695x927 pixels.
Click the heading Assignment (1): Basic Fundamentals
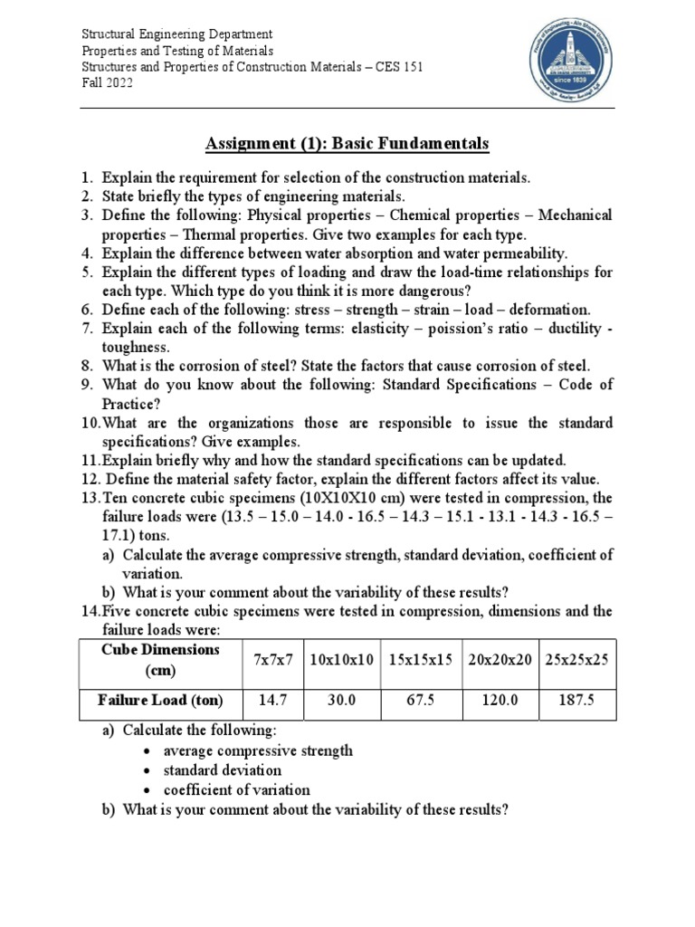point(347,143)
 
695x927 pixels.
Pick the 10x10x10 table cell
point(340,662)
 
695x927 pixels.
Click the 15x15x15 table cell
point(421,662)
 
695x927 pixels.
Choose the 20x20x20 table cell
point(500,662)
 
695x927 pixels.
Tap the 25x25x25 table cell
point(577,662)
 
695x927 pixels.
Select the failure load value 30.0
point(340,700)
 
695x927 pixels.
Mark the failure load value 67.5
point(421,700)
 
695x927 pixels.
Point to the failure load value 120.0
point(500,700)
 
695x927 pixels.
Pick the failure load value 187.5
point(577,700)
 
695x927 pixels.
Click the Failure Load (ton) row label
point(160,700)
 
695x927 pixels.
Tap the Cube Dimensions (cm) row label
point(160,661)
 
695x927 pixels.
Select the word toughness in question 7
point(136,347)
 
